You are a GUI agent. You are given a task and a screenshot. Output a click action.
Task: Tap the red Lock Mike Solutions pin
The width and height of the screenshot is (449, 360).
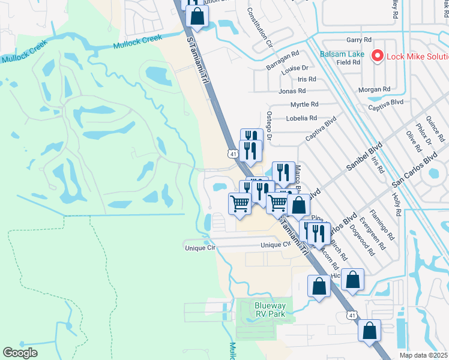tap(378, 56)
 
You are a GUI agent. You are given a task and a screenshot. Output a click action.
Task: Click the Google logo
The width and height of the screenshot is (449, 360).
tap(20, 353)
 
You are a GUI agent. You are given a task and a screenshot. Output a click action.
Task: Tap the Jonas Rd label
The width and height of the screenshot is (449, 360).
tap(292, 91)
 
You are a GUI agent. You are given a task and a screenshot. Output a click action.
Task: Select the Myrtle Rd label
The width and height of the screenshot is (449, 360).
tap(303, 104)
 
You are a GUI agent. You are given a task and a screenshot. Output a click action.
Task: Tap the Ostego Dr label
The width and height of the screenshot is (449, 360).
tap(269, 126)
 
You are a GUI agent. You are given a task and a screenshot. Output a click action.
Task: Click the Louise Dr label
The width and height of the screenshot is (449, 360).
tap(296, 68)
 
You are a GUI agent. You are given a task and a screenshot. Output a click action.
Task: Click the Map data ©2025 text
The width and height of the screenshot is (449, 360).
tap(424, 355)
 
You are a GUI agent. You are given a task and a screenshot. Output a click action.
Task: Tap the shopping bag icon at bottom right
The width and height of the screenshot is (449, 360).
tap(370, 330)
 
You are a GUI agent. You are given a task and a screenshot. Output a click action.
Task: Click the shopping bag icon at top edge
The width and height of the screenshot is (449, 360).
tap(197, 16)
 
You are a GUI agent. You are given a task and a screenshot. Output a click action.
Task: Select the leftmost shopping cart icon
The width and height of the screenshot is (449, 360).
tap(240, 203)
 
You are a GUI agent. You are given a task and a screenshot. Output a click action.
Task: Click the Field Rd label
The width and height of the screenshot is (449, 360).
tap(348, 62)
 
